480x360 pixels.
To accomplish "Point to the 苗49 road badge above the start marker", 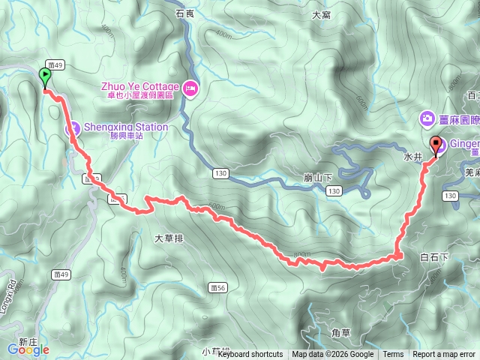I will coord(55,65).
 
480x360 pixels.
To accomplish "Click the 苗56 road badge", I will coord(218,286).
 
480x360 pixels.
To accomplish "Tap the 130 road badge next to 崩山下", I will coord(334,192).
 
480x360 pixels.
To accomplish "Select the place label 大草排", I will coord(169,238).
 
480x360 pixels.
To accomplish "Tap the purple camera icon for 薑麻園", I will coord(427,118).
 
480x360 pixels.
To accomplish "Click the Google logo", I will coord(28,349).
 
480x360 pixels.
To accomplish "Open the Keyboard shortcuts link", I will coord(250,355).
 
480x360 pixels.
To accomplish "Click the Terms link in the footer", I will coord(393,355).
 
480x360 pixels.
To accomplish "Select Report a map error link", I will coord(444,355).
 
